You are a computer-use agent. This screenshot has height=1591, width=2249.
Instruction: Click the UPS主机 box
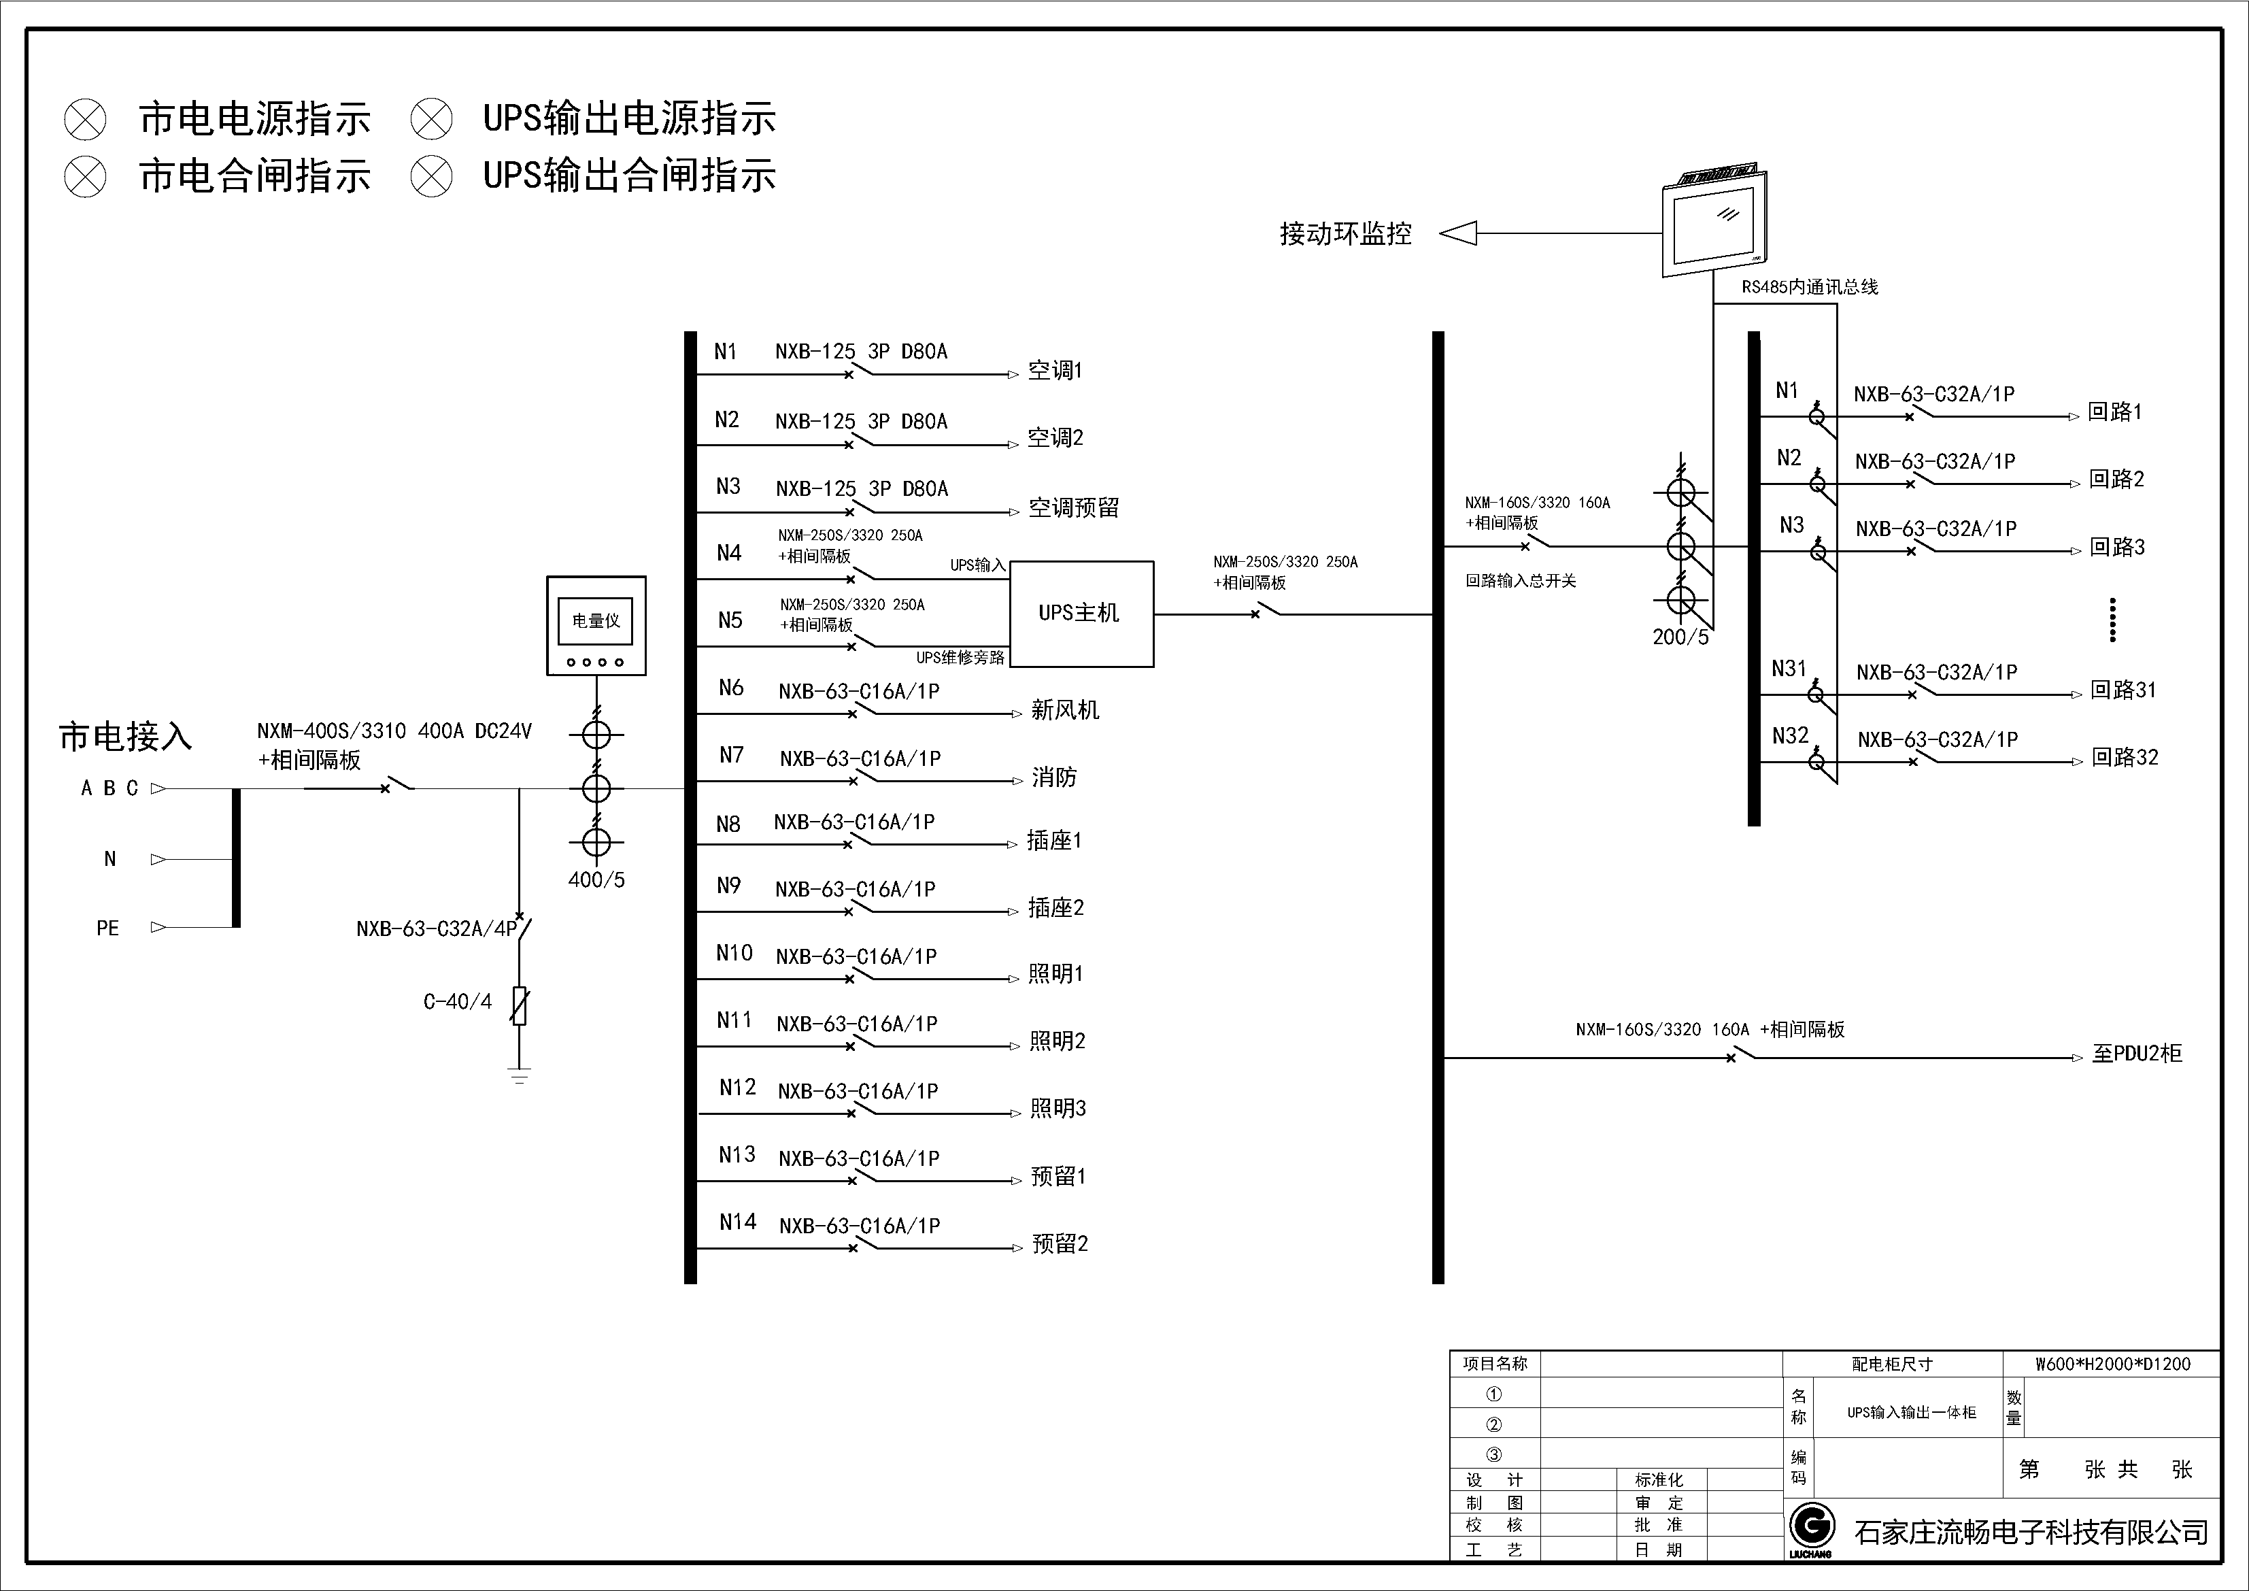pos(1081,614)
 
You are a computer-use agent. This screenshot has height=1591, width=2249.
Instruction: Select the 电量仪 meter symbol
pos(596,625)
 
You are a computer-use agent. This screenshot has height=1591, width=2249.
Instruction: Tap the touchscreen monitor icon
pos(1714,223)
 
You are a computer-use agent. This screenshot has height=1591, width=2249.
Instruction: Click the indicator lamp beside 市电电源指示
pos(85,120)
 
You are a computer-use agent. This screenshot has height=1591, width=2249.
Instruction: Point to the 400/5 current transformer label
pos(596,880)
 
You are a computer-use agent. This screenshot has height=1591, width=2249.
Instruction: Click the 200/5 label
pos(1680,637)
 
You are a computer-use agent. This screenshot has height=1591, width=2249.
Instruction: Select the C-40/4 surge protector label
pos(458,1001)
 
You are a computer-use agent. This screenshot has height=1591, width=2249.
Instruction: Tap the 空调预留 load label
pos(1072,507)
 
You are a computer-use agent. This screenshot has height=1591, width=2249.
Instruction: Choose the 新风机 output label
pos(1065,710)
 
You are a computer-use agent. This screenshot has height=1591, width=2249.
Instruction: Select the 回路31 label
pos(2123,690)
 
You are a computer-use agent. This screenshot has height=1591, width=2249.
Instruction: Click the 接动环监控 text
pos(1345,234)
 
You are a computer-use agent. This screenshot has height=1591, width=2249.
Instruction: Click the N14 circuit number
pos(738,1222)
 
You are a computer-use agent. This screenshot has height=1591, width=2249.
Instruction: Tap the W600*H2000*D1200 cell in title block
pos(2112,1364)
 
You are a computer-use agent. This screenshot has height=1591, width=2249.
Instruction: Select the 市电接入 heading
pos(125,737)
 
